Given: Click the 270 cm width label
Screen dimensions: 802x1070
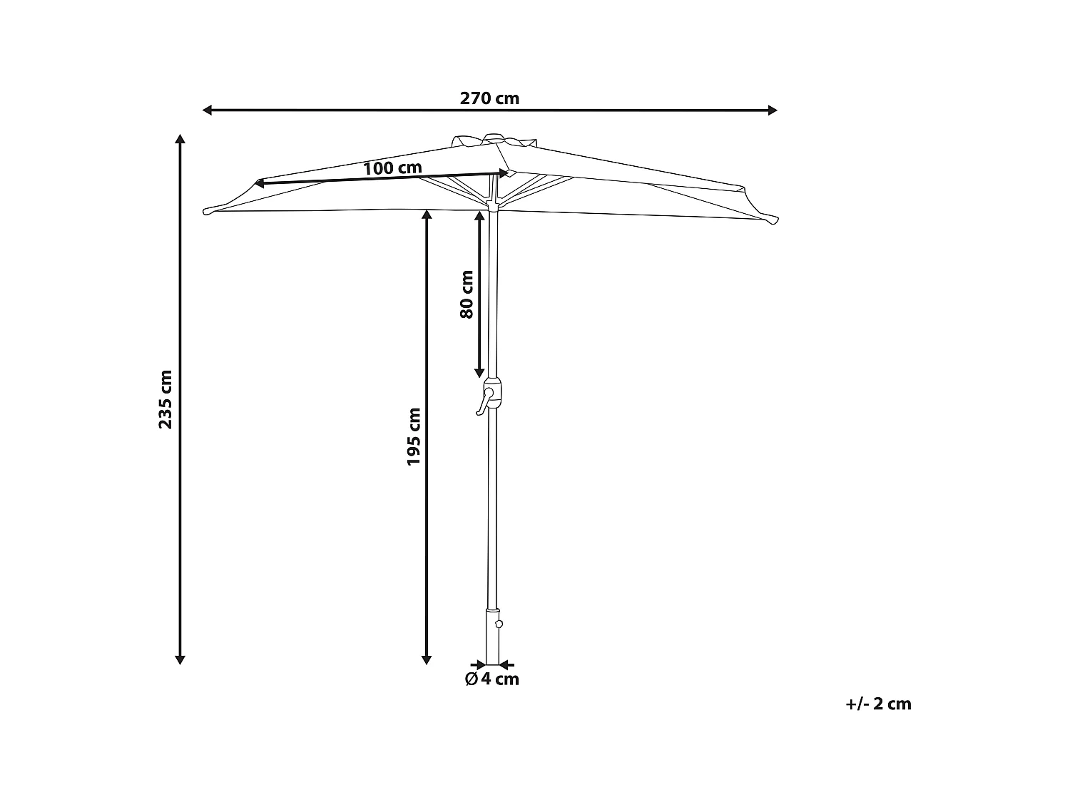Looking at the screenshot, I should (x=489, y=98).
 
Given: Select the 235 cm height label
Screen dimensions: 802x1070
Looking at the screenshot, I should (x=165, y=399).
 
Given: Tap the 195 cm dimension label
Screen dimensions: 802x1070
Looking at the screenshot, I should (x=414, y=436).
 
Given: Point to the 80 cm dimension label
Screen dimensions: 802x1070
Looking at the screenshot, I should (x=467, y=294).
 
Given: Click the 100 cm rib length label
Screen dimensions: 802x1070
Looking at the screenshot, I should (x=392, y=169).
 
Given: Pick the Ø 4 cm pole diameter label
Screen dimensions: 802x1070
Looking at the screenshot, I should (x=492, y=679).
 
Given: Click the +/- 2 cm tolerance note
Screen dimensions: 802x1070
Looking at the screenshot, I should (x=878, y=704).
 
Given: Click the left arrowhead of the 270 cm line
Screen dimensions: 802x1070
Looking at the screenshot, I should (x=208, y=110).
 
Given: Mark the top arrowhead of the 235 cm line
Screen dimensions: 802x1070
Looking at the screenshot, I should (x=180, y=138).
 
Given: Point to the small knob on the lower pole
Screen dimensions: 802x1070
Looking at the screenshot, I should (x=499, y=623).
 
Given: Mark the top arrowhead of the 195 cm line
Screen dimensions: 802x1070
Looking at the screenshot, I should (x=427, y=215).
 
